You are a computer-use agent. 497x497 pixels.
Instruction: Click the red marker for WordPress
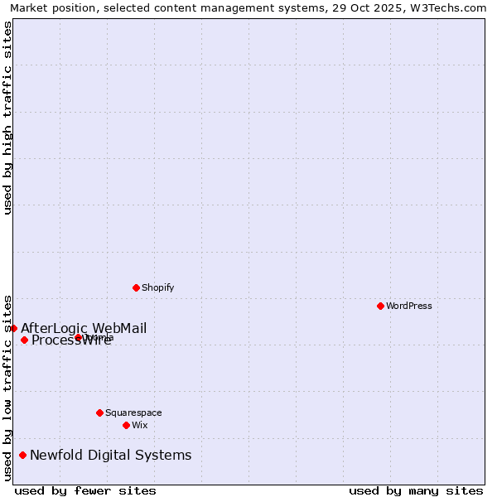click(380, 306)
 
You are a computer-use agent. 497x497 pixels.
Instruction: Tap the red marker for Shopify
click(136, 287)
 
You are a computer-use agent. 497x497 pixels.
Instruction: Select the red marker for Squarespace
click(99, 413)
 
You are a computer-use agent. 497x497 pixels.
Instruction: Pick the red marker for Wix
click(126, 425)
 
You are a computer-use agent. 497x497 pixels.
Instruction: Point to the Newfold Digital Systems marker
click(22, 455)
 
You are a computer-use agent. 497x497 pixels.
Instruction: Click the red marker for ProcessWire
click(24, 340)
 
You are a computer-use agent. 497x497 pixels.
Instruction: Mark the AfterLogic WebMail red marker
click(13, 328)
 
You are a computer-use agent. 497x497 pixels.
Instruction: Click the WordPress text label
click(409, 306)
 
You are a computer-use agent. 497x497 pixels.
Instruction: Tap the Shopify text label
click(157, 287)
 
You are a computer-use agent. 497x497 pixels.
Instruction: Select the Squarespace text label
click(133, 413)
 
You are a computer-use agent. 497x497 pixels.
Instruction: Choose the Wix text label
click(140, 425)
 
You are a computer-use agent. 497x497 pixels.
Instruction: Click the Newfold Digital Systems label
click(110, 455)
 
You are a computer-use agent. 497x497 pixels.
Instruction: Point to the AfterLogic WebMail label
click(84, 328)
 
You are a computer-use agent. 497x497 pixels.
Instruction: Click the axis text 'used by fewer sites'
click(85, 490)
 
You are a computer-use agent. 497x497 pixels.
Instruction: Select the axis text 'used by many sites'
click(416, 490)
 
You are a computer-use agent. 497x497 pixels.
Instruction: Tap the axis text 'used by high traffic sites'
click(7, 118)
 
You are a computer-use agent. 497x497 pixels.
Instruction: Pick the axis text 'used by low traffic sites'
click(7, 387)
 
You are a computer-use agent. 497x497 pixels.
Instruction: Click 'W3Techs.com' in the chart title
click(452, 7)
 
